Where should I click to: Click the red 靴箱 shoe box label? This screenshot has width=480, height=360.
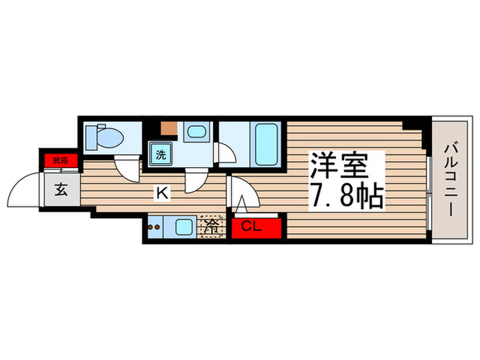(x=61, y=160)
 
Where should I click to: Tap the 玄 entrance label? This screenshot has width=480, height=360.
(x=61, y=190)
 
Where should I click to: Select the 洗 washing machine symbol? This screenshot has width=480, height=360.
(x=160, y=154)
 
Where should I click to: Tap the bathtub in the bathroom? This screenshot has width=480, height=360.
(x=265, y=143)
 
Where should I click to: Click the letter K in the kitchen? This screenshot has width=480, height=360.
(x=162, y=193)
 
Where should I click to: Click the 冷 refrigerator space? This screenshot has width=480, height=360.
(x=211, y=228)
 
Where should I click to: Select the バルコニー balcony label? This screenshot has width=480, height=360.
(x=451, y=178)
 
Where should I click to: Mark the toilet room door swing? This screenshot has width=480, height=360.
(x=126, y=167)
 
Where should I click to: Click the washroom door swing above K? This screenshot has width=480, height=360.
(x=197, y=181)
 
